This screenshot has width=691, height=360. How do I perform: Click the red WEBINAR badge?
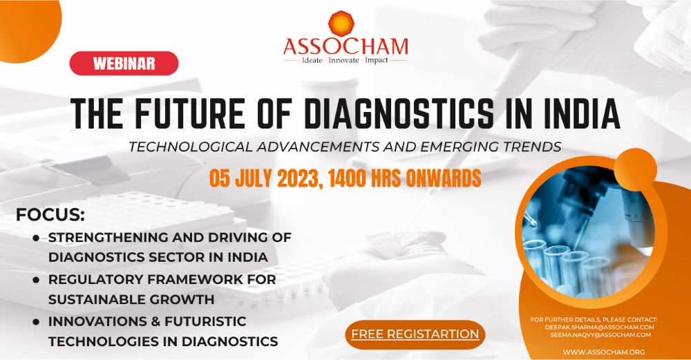124,63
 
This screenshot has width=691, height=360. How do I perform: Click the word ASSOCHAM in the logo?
345,46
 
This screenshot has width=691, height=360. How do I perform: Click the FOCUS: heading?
50,214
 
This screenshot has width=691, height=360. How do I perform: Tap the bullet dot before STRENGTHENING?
36,238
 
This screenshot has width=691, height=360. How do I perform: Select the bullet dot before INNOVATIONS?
36,322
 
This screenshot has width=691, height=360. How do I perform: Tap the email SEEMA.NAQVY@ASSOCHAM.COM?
603,335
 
